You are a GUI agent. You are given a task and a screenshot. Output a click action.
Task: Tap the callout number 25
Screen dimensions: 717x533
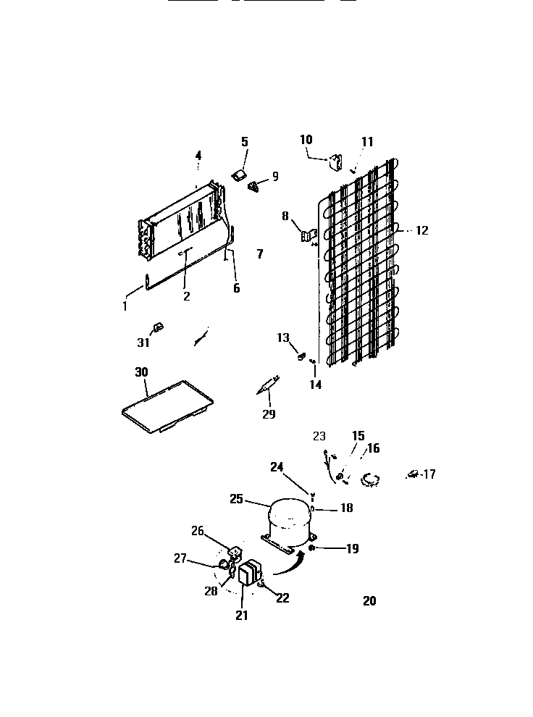pos(235,500)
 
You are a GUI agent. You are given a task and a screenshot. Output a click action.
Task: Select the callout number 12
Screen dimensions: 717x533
pos(421,231)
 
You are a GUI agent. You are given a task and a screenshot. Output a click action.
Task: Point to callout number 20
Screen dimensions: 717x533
pos(369,600)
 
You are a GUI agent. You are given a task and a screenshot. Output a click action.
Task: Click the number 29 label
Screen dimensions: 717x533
pos(269,414)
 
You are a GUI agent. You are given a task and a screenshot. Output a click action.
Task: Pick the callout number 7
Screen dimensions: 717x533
pos(259,253)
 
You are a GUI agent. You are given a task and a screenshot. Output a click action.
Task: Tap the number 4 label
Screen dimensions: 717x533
pos(198,154)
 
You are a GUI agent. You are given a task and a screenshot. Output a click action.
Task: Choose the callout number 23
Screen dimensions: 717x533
pos(319,436)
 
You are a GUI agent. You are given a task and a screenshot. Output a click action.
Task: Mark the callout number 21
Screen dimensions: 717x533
pos(241,616)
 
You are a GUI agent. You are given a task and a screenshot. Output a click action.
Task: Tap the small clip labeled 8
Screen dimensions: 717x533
pos(309,235)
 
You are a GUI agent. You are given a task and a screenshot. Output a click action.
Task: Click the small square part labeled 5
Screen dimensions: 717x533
pos(238,175)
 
